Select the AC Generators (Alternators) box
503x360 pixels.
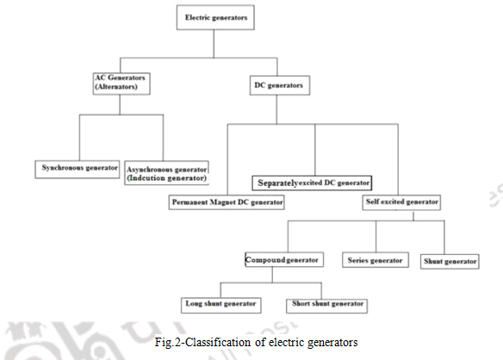pyautogui.click(x=121, y=83)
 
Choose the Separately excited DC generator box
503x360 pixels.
pyautogui.click(x=312, y=183)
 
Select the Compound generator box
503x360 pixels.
pyautogui.click(x=283, y=259)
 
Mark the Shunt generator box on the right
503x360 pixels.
pyautogui.click(x=449, y=260)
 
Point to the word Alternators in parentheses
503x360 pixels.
pyautogui.click(x=120, y=88)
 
